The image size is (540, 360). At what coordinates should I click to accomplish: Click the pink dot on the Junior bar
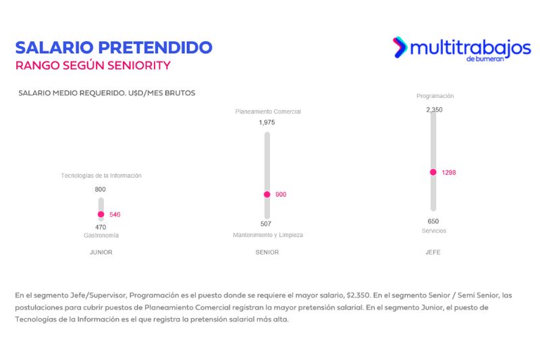coord(101,214)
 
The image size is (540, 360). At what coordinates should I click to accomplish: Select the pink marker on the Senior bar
coord(267,195)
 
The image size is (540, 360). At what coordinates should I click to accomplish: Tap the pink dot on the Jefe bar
coord(433,172)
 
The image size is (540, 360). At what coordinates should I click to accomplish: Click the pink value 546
coord(115,215)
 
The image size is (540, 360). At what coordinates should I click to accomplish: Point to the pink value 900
coord(281,195)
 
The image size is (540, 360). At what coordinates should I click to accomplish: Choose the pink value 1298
coord(449,173)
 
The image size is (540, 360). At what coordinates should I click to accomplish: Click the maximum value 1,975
coord(267,123)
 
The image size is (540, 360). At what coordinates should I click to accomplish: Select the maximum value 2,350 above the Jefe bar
coord(434,109)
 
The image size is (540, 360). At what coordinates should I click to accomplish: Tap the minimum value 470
coord(101,227)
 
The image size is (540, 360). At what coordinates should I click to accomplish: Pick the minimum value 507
coord(267,224)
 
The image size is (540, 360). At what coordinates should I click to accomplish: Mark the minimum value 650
coord(433,221)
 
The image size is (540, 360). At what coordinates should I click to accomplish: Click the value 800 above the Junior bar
coord(101,190)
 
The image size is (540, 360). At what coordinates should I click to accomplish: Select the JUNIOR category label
coord(101,253)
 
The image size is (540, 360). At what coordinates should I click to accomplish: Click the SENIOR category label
coord(267,253)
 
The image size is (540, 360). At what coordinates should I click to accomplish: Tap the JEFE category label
coord(433,253)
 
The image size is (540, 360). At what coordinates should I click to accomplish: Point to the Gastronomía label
coord(101,236)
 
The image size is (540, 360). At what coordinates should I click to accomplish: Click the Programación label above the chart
coord(435,96)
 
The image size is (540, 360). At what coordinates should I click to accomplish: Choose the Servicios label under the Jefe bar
coord(433,231)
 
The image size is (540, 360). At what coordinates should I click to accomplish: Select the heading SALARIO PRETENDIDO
coord(113,47)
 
